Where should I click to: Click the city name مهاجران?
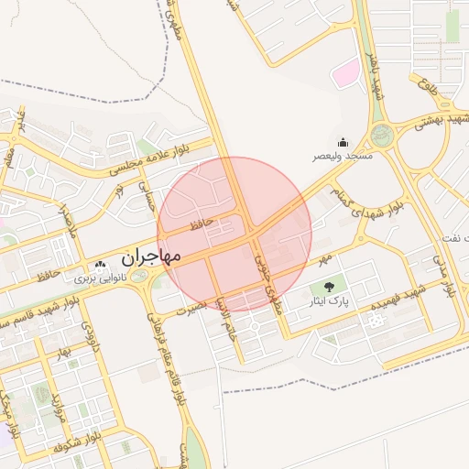[151, 256]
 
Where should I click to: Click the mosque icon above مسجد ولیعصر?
[343, 142]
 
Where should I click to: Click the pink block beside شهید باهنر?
[345, 74]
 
